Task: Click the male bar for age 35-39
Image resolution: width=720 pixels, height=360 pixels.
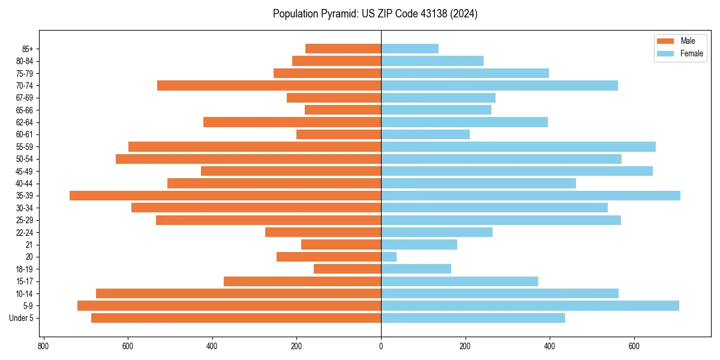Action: click(x=225, y=196)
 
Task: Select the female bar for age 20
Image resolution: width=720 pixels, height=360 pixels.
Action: click(x=389, y=257)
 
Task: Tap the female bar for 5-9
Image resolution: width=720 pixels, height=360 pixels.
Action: click(x=530, y=306)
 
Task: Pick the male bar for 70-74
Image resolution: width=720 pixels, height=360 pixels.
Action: click(x=269, y=86)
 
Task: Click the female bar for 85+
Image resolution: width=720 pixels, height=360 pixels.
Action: click(x=410, y=49)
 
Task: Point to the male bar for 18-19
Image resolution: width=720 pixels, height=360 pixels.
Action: click(x=347, y=269)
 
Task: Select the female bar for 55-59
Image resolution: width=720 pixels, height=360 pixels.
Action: click(x=518, y=147)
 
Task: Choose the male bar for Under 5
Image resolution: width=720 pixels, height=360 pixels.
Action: click(x=236, y=318)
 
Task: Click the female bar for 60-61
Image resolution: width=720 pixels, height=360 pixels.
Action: click(x=425, y=134)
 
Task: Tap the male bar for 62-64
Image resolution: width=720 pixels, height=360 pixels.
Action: click(x=292, y=122)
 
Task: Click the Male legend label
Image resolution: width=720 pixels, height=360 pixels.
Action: click(x=688, y=41)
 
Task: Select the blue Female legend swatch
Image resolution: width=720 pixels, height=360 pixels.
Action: click(x=665, y=54)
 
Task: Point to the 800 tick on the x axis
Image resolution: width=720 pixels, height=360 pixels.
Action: click(x=43, y=346)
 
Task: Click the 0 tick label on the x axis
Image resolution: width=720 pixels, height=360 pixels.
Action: click(x=381, y=346)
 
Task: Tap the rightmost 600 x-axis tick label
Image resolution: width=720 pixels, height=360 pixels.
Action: click(x=634, y=346)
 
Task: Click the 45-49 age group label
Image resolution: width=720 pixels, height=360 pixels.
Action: click(x=25, y=172)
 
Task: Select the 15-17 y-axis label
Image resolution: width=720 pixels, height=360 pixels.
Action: click(x=25, y=281)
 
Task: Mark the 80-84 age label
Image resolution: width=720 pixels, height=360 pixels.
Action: click(x=25, y=61)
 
